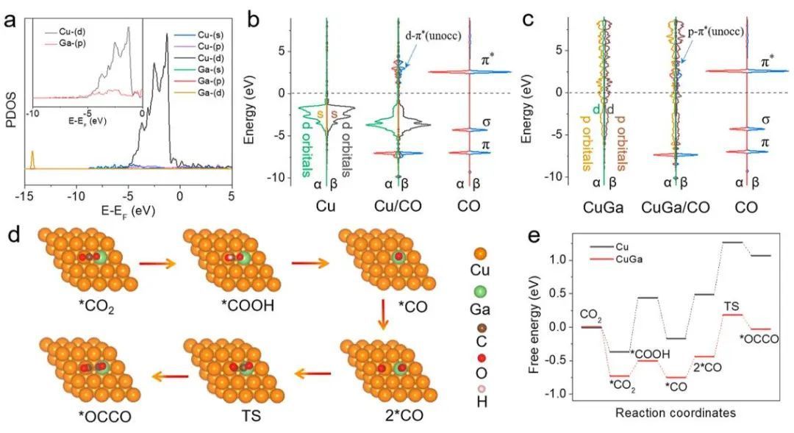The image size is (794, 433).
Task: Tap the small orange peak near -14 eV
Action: [32, 160]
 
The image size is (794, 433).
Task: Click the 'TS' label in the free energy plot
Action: [732, 305]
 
